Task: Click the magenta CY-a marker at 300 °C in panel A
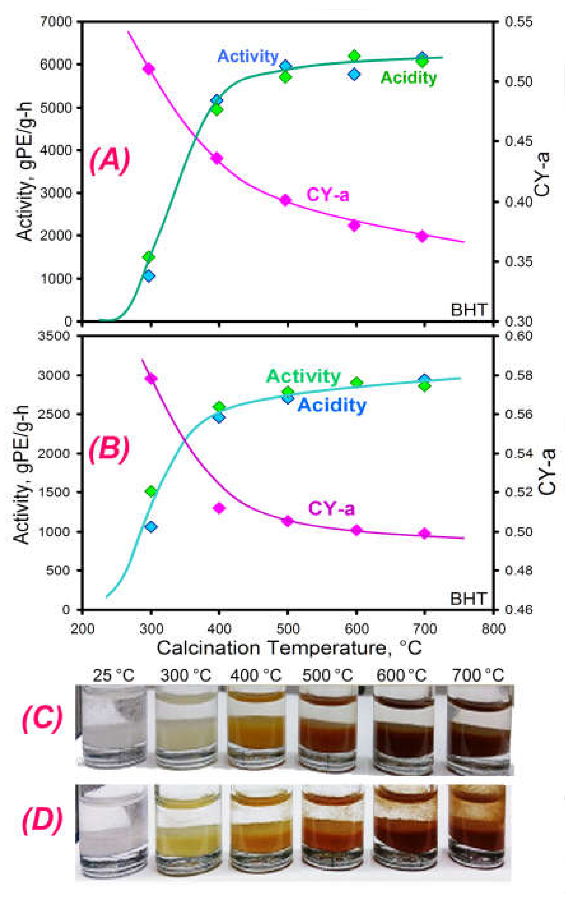coord(149,69)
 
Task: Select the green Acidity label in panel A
coord(408,78)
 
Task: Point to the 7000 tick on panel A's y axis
coord(61,22)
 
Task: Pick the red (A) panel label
coord(109,162)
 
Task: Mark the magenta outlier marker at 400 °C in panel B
coord(219,508)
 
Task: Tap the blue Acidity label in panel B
coord(332,406)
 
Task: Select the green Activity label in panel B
coord(303,376)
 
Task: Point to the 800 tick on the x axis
coord(493,629)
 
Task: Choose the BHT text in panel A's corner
coord(469,310)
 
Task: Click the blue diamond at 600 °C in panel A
coord(354,74)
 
